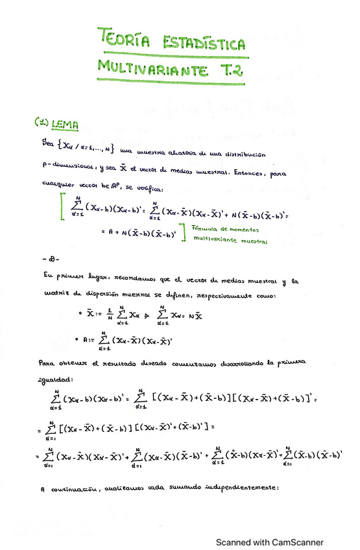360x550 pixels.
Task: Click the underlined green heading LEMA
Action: click(66, 123)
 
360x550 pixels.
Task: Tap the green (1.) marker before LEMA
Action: click(42, 122)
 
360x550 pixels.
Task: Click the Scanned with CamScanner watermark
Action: click(269, 542)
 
